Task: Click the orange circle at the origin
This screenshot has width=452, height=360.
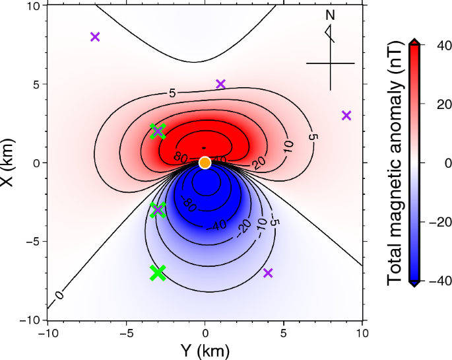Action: coord(205,162)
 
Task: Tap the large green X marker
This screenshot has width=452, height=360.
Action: coord(158,272)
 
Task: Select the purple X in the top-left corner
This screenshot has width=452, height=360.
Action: coord(95,37)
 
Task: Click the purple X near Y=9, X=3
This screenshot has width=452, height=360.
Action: coord(346,116)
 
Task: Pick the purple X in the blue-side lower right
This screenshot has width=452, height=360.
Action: coord(268,273)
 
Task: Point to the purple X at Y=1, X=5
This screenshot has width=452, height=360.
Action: coord(221,84)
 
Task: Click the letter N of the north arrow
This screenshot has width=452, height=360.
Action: coord(330,15)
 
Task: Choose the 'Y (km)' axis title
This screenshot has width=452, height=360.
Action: coord(205,351)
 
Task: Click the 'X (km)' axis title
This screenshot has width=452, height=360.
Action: coord(8,162)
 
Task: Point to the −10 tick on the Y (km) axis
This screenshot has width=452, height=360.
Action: coord(48,334)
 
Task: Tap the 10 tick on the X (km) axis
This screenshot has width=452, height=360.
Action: coord(33,6)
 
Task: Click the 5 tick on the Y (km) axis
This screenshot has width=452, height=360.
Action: coord(284,334)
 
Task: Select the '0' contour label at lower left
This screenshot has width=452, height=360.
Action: coord(60,295)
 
